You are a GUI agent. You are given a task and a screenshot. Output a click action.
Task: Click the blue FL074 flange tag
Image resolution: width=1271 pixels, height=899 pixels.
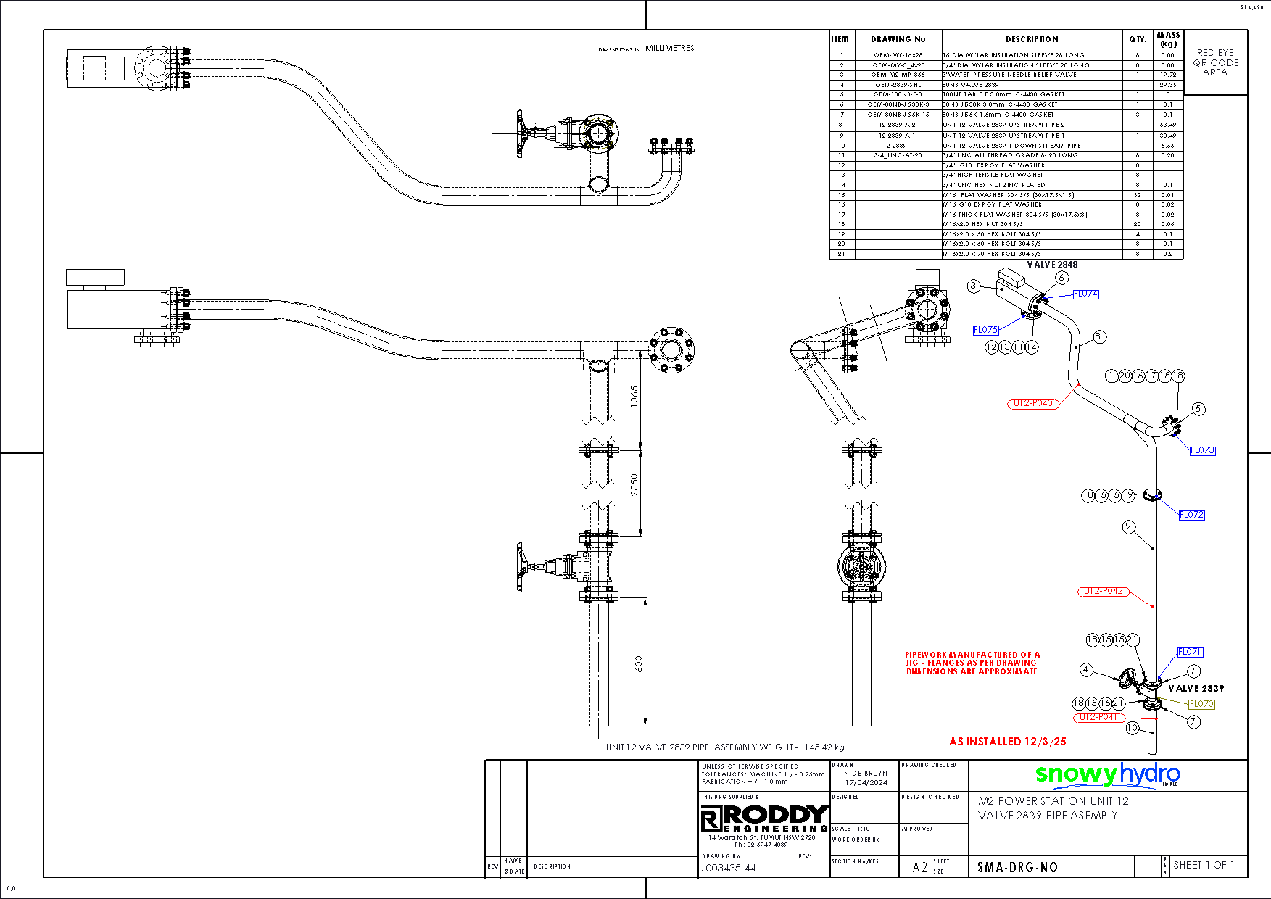[1085, 294]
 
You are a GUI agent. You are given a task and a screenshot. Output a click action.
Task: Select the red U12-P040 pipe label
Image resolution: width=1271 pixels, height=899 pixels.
[1033, 403]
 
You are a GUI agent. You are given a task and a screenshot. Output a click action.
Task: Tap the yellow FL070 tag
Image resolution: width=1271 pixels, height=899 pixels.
[1201, 704]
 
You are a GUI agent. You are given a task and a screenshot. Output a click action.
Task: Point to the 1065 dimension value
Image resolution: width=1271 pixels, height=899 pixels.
[634, 396]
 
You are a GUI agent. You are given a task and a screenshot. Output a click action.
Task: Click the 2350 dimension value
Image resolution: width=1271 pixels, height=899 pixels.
[634, 484]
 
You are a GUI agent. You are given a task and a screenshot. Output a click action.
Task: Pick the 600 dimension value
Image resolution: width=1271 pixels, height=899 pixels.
[638, 664]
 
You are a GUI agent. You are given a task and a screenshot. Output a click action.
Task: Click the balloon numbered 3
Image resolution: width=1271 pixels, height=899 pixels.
[974, 286]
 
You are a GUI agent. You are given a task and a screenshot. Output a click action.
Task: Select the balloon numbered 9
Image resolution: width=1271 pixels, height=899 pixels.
[1128, 527]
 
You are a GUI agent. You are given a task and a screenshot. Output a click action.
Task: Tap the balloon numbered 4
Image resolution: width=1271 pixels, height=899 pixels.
[1085, 670]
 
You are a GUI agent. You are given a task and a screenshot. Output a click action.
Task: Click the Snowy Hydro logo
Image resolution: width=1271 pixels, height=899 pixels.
[1107, 775]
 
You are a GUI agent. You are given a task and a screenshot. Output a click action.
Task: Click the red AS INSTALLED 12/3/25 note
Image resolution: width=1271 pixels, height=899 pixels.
[1008, 742]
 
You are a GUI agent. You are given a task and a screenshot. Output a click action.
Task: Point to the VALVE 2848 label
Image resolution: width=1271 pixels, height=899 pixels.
[1052, 265]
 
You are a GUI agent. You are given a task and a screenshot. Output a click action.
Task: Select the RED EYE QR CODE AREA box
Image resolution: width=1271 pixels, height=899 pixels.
[1216, 62]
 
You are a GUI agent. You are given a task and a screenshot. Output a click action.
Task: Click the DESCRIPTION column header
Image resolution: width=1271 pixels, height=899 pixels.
[1032, 39]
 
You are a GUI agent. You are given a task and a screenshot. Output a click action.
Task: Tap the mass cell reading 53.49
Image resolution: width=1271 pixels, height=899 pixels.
[1167, 125]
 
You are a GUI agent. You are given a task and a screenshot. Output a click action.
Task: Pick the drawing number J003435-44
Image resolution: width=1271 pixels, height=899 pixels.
[729, 868]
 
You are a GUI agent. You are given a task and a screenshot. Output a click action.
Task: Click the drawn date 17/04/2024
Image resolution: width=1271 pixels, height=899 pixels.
[866, 782]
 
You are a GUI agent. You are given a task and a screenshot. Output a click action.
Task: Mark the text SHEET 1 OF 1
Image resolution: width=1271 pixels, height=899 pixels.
[1204, 865]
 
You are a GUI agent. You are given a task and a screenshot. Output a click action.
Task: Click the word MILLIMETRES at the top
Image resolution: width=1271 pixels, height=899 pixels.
[670, 48]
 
